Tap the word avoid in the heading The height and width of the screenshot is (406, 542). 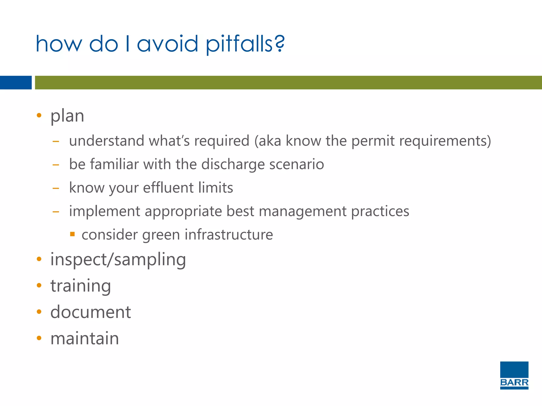167,44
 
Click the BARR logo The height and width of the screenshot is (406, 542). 514,375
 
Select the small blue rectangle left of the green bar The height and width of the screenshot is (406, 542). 16,82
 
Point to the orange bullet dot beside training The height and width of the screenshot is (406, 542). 39,285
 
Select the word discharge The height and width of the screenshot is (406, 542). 233,164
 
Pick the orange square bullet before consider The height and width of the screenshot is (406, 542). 72,234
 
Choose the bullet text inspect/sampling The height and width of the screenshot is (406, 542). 118,260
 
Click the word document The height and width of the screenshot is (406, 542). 91,312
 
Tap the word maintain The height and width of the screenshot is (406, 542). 85,338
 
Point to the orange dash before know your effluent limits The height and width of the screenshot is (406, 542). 56,188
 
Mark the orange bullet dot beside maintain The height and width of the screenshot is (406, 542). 39,338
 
